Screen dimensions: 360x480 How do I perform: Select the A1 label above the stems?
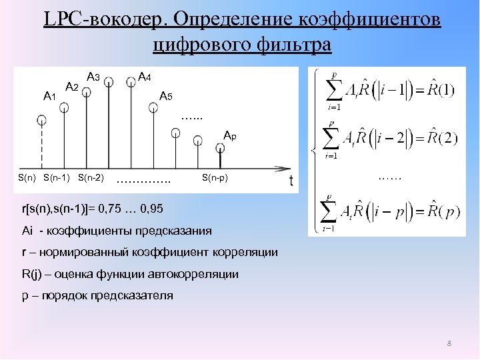[x=49, y=97]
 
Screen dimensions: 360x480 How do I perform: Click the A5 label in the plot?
[x=166, y=97]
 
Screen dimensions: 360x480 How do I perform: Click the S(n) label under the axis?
[x=27, y=178]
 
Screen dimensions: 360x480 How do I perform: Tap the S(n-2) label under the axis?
[x=90, y=178]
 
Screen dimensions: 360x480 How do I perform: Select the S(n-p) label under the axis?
[x=215, y=178]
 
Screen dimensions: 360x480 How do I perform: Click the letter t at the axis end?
[x=291, y=180]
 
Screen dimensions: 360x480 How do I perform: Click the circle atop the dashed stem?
[x=42, y=120]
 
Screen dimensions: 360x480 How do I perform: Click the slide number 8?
[x=449, y=343]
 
